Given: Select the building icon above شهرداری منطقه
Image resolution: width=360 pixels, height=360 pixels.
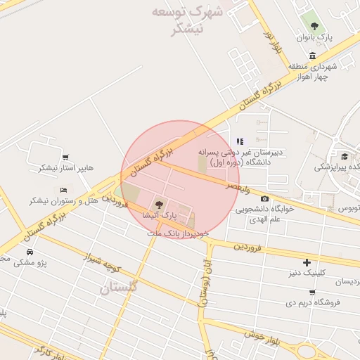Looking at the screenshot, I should click(312, 56).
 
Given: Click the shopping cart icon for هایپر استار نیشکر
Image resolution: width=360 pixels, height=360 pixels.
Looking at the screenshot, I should click(65, 157).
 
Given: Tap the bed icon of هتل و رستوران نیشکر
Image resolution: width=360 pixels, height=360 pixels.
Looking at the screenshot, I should click(64, 190).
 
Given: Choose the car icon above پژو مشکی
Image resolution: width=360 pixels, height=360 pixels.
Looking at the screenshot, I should click(30, 252).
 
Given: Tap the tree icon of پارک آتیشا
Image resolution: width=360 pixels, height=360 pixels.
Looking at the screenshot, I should click(160, 204).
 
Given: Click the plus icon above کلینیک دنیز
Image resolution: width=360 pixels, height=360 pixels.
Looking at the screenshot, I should click(306, 262).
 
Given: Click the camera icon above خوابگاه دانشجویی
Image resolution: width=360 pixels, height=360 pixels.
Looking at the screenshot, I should click(264, 199).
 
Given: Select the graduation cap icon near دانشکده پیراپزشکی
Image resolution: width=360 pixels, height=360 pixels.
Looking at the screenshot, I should click(345, 156).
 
